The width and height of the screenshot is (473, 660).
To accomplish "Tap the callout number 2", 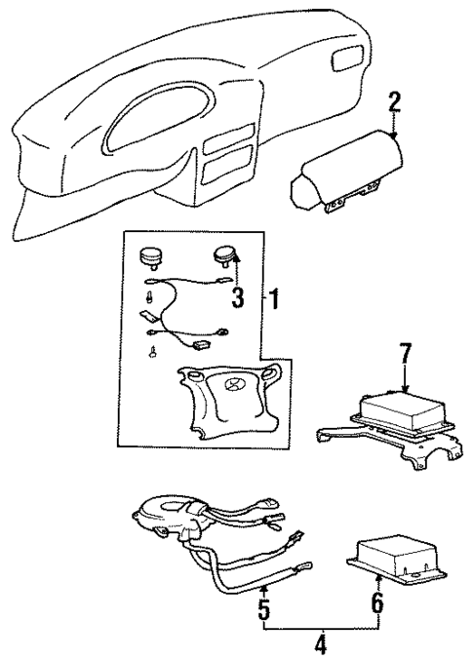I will (x=394, y=102).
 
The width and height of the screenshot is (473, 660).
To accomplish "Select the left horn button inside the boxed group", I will (x=151, y=256).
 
